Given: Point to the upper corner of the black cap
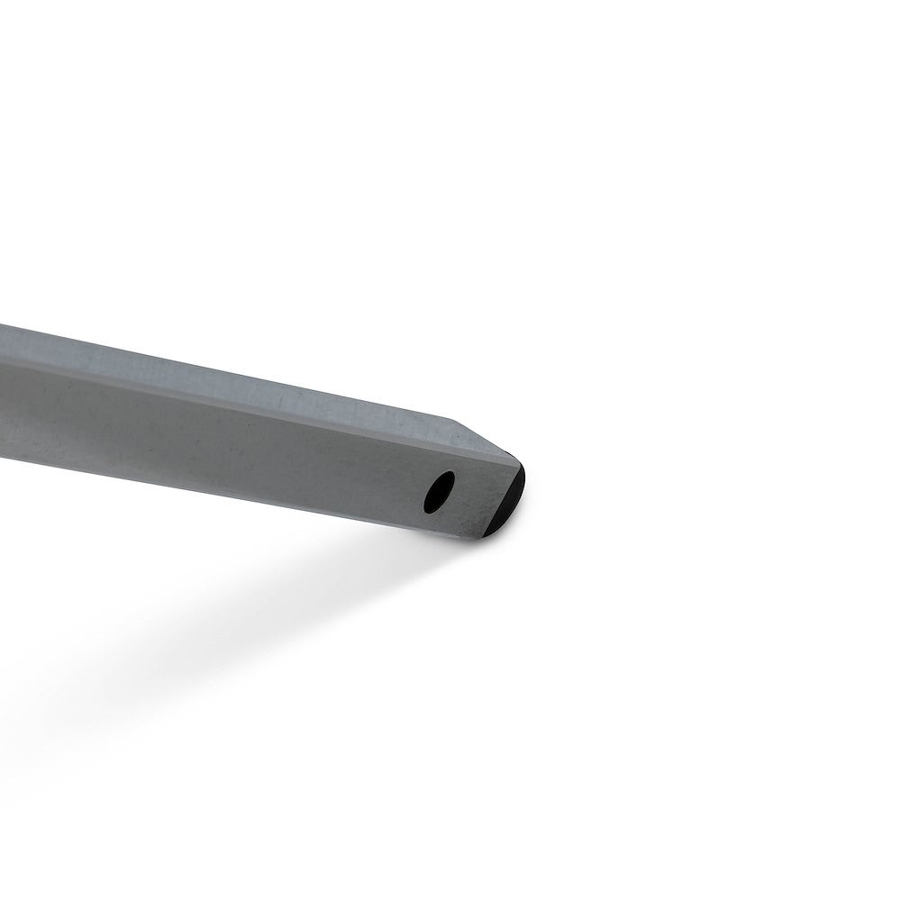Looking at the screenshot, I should pos(522,466).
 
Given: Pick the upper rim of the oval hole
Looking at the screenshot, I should pos(443,475).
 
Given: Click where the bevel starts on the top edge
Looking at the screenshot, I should pos(450,419).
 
